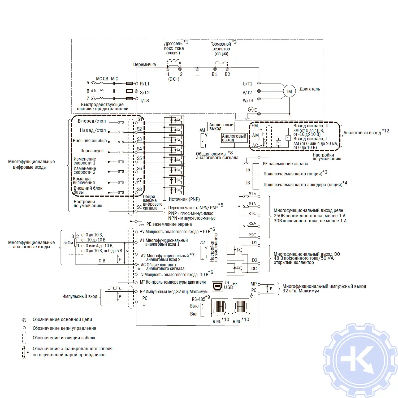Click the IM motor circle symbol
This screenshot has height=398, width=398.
click(289, 92)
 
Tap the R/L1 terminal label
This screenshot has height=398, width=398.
click(145, 84)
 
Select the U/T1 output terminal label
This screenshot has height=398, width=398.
click(247, 84)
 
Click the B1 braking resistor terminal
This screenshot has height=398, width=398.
click(215, 69)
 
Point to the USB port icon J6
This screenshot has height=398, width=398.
click(218, 286)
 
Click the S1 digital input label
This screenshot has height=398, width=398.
click(140, 119)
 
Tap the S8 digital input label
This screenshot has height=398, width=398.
click(139, 189)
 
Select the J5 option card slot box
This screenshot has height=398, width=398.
click(256, 170)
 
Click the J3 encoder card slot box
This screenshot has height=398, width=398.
click(256, 183)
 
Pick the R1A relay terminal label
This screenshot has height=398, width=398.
click(252, 194)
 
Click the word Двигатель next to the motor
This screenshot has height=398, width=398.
click(310, 89)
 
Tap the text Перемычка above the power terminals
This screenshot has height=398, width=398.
click(144, 64)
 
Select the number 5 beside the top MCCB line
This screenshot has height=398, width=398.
click(88, 83)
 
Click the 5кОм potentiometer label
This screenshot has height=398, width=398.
click(68, 243)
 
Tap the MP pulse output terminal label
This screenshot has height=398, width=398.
click(253, 284)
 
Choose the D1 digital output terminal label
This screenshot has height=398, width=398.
click(254, 243)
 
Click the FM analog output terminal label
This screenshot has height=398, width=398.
click(255, 126)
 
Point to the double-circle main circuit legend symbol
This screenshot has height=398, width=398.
click(24, 320)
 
